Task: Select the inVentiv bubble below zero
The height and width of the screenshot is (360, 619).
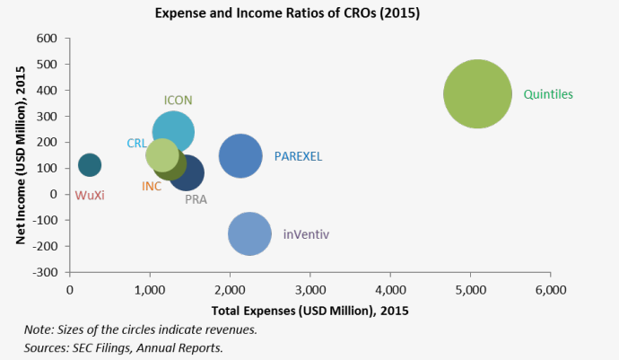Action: [x=249, y=234]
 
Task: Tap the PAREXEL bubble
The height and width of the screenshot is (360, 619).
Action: [x=240, y=156]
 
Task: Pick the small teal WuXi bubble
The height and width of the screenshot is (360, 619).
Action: [x=90, y=165]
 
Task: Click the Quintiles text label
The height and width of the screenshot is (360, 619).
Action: [x=547, y=94]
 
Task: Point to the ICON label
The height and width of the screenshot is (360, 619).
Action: [x=178, y=101]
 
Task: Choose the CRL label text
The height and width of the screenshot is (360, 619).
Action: [x=136, y=143]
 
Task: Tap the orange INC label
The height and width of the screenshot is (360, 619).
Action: [x=152, y=186]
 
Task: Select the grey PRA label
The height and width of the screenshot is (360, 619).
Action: [x=196, y=200]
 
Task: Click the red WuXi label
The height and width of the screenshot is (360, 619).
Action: [x=90, y=195]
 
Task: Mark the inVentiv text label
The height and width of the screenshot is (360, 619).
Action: [x=306, y=234]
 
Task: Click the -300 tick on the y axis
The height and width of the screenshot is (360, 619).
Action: [x=45, y=272]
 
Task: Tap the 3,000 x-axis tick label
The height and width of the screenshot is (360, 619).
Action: [x=309, y=290]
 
